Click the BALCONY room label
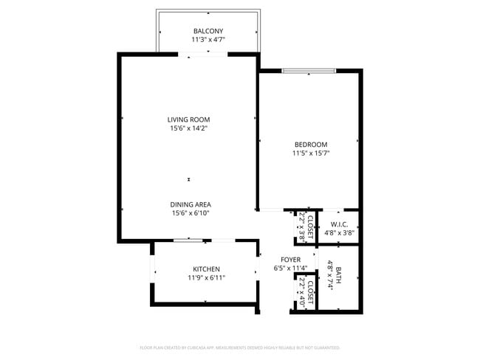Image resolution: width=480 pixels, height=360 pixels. [208, 30]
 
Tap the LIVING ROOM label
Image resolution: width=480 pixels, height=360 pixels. [188, 120]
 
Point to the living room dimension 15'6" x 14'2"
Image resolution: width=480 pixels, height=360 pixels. [188, 128]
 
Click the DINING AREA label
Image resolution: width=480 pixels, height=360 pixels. [191, 204]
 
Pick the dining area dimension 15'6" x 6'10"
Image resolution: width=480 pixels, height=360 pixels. [191, 213]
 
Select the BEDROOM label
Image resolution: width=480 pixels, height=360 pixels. [310, 145]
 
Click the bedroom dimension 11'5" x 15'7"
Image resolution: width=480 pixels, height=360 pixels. [310, 153]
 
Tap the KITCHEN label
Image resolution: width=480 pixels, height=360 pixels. [207, 269]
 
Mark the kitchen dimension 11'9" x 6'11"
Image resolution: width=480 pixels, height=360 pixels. [207, 277]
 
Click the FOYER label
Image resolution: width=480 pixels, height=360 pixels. [290, 260]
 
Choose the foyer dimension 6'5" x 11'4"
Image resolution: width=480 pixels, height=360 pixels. [290, 269]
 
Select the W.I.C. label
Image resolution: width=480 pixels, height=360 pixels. [339, 224]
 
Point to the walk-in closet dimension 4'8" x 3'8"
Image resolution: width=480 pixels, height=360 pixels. [339, 233]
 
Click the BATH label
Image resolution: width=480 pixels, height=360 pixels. [339, 276]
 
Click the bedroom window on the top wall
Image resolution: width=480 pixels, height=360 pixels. [308, 72]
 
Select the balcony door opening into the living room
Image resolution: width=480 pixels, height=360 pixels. [201, 53]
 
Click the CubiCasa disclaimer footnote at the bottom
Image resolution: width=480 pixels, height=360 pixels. [239, 347]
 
